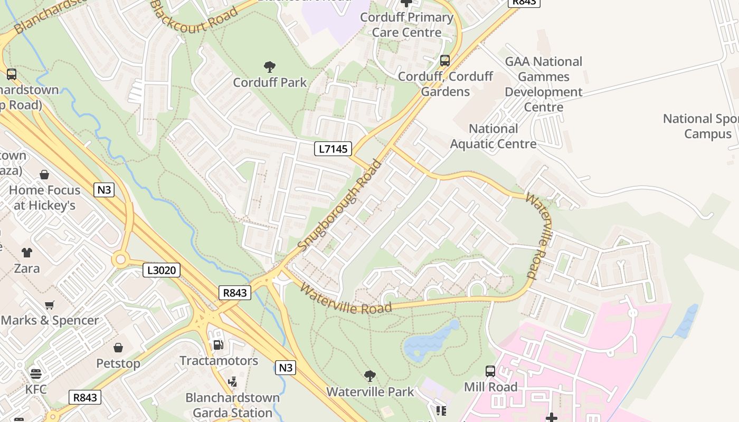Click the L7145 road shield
pos(334,149)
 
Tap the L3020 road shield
pos(162,271)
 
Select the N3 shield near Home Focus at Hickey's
pos(104,189)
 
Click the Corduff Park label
pos(270,82)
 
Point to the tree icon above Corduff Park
pos(270,67)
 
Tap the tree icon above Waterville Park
pos(370,376)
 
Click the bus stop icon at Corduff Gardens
pos(445,61)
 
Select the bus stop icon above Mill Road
pos(490,371)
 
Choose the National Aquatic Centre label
pos(493,136)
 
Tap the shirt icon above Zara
pos(27,253)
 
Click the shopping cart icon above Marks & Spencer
pos(50,305)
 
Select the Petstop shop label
pos(118,363)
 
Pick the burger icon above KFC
pos(36,374)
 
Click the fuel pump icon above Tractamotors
pos(217,345)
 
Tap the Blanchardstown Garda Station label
pos(232,405)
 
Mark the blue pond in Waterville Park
pos(428,342)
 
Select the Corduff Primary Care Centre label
pos(406,25)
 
